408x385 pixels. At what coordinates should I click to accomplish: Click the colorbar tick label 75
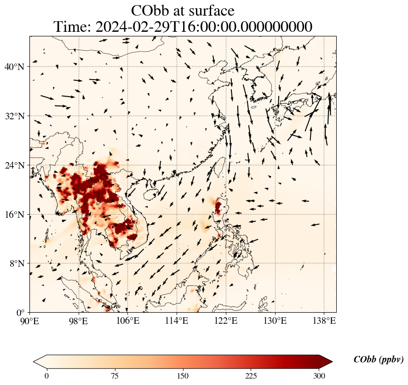coord(115,376)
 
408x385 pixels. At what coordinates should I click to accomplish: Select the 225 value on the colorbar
coord(251,376)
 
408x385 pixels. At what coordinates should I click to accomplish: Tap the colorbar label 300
coord(319,376)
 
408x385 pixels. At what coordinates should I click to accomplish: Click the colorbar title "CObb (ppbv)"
coord(378,360)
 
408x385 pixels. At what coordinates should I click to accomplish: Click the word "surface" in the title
coord(212,10)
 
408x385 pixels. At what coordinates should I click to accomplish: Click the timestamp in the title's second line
coord(204,27)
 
